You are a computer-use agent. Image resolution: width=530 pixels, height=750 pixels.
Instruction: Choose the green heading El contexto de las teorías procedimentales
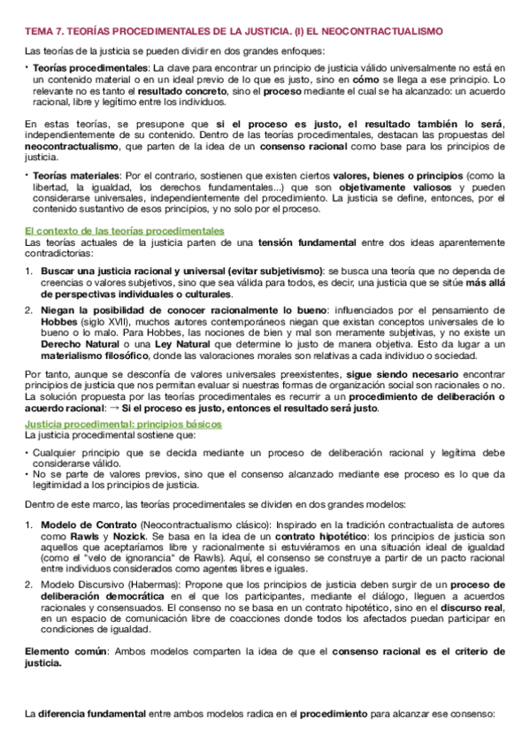pos(125,230)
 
